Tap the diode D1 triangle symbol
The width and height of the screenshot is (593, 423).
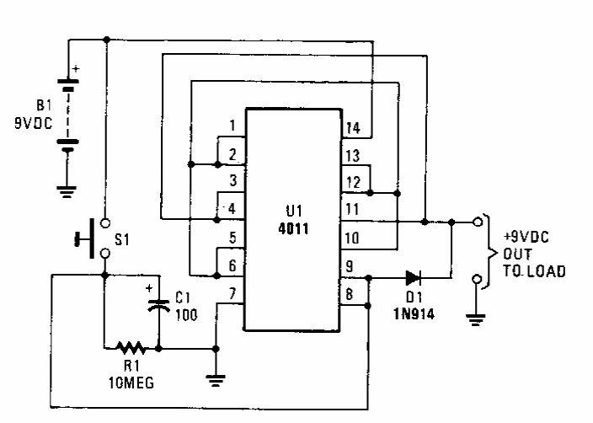coord(412,276)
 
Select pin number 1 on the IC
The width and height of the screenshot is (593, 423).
coord(232,126)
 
